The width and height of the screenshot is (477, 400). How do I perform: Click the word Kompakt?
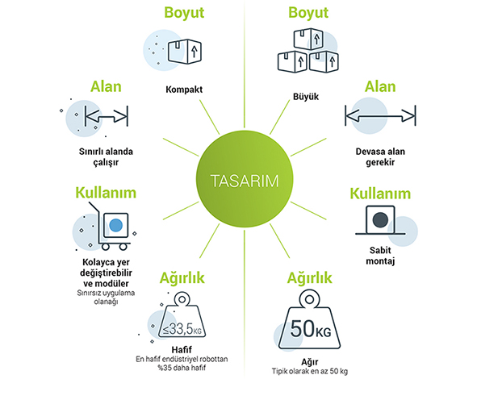pos(184,90)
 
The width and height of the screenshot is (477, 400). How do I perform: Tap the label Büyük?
pos(306,97)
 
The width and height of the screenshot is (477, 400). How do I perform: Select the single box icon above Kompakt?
pos(185,51)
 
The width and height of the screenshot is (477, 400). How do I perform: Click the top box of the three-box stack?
pos(308,39)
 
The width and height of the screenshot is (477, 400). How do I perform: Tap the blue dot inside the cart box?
pos(116,226)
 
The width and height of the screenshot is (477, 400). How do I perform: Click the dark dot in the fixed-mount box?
pos(380,219)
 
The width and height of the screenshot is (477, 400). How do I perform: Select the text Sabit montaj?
pos(380,256)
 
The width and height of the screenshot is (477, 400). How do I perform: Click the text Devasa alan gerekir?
pos(380,156)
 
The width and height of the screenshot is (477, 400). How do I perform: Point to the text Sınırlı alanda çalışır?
pos(106,156)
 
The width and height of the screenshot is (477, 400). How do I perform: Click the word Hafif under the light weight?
pos(182,349)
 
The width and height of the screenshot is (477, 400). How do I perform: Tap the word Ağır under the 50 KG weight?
pos(310,362)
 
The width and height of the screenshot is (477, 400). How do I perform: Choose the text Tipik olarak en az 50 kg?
pos(310,371)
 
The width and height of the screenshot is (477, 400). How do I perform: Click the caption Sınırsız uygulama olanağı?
pos(106,298)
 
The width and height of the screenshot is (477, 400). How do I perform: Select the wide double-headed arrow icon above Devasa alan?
pos(380,116)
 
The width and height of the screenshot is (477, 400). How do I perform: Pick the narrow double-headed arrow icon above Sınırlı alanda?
pos(107,116)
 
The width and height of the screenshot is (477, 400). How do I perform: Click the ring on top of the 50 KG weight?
pos(309,299)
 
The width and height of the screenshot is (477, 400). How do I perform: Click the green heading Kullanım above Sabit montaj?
pos(380,194)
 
